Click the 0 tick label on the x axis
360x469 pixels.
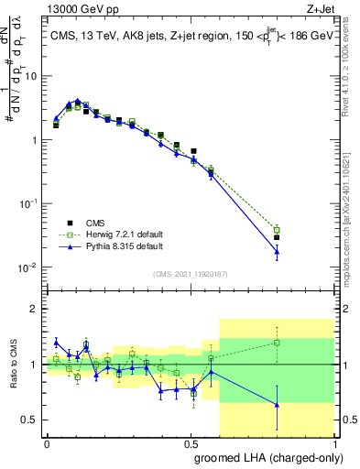[x=47, y=442]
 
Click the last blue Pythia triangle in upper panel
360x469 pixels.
[x=277, y=252]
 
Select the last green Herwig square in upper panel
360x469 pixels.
[x=277, y=230]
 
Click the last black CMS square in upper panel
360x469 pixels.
[x=277, y=237]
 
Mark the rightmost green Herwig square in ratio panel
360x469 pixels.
[x=277, y=343]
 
